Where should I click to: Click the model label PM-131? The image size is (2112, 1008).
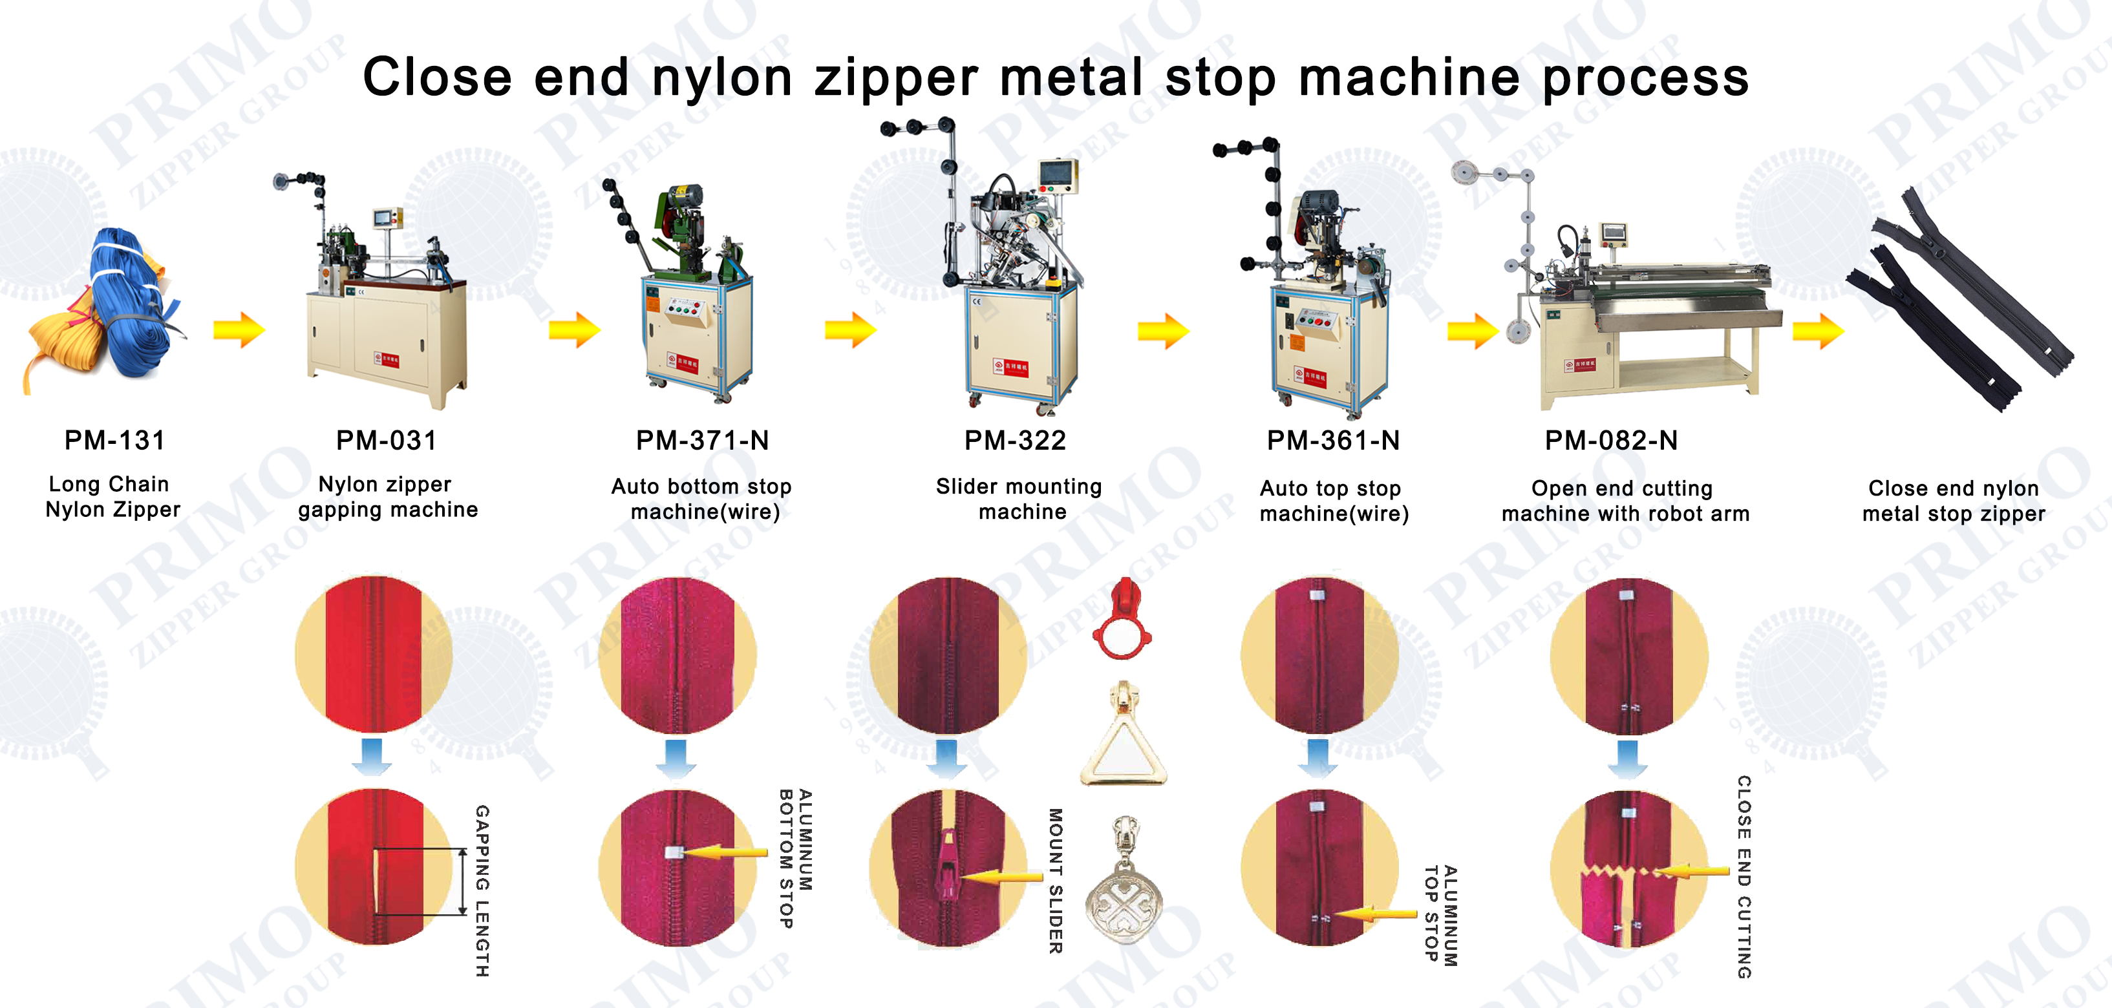[115, 440]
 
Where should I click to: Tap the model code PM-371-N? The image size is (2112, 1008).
[702, 440]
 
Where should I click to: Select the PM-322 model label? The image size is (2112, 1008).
[1015, 440]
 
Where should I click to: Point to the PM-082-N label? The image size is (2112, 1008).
[1611, 440]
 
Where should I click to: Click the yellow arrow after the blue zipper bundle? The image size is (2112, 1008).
[239, 330]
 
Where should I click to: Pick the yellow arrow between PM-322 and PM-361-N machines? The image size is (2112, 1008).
[1162, 331]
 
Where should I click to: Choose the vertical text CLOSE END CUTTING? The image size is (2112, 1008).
[1744, 877]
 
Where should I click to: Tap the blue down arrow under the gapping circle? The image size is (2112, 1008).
[372, 755]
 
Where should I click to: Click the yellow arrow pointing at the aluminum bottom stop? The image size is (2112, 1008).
[725, 853]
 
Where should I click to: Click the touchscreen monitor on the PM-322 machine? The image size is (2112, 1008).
[1057, 174]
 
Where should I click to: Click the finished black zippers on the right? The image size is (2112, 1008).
[1959, 299]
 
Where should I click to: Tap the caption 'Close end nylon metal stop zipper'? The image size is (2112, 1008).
[1953, 500]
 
